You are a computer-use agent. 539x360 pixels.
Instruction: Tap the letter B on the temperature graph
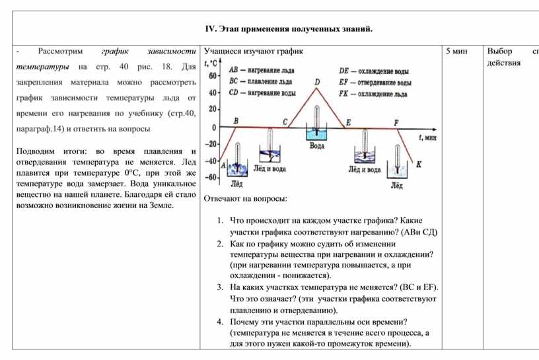pos(236,120)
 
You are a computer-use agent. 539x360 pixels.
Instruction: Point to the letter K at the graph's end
pos(419,164)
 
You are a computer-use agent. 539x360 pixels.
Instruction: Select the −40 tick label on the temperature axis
pos(211,161)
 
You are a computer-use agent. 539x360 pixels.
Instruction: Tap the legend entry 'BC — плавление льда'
pos(260,81)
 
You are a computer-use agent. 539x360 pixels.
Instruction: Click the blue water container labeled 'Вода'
pos(317,135)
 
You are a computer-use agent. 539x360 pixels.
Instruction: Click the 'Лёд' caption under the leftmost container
pos(235,183)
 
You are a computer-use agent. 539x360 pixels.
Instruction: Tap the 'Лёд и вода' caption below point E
pos(364,169)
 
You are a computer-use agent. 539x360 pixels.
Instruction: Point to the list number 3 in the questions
pos(219,287)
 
